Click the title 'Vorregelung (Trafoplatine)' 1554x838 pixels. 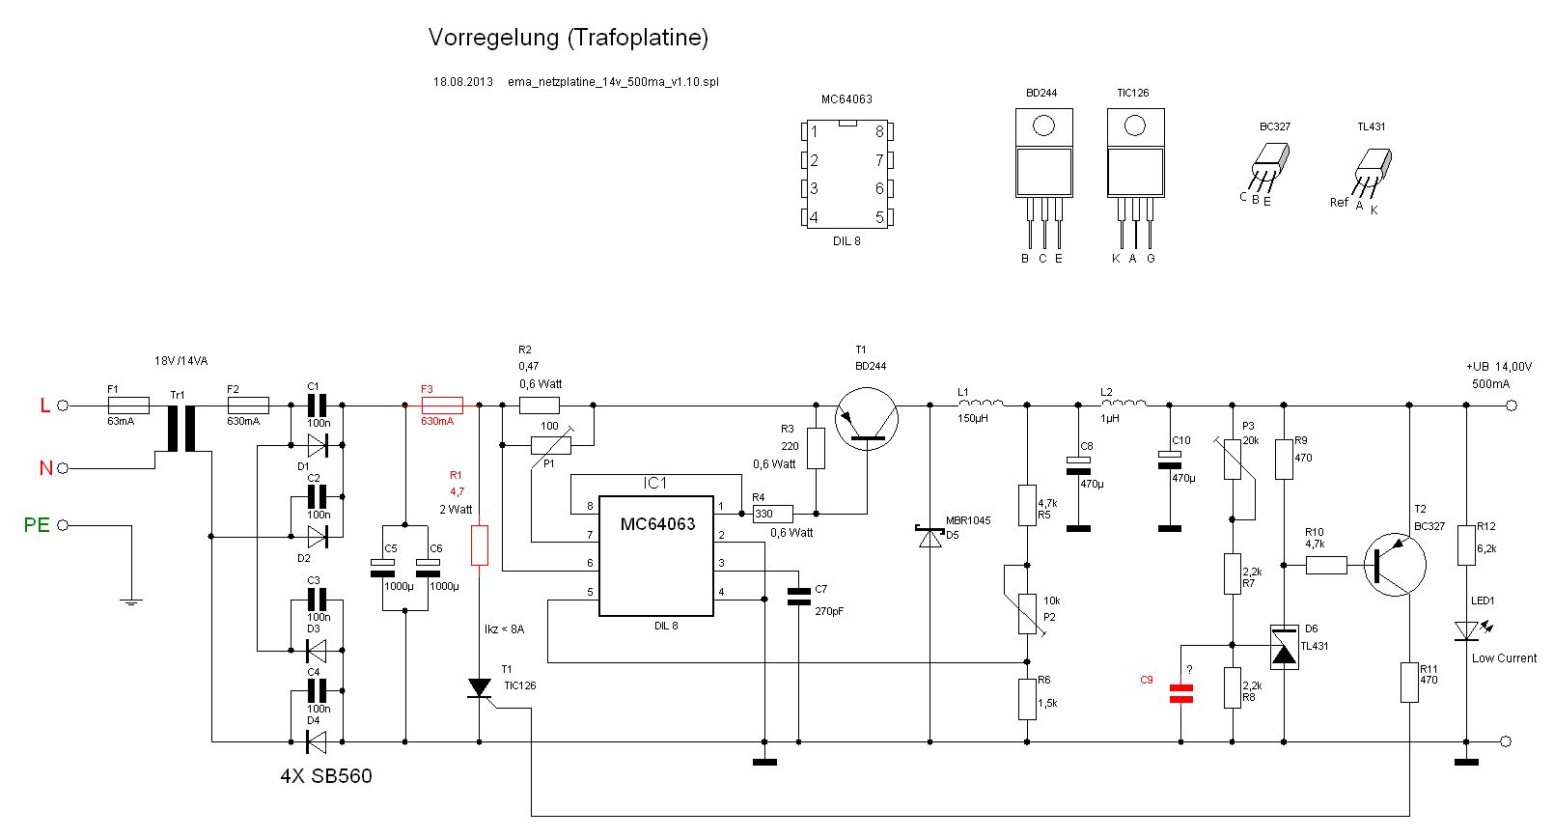[568, 38]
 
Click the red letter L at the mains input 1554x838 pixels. [44, 405]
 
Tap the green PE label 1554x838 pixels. [37, 525]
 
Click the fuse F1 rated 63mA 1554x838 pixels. [128, 405]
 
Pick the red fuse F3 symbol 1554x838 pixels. [442, 405]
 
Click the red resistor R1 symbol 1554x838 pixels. [480, 545]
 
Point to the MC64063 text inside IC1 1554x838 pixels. [657, 524]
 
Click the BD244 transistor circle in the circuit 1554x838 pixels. [867, 419]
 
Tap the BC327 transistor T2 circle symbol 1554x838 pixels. [1395, 565]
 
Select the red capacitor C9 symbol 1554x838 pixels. [1180, 693]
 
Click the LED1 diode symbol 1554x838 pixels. [1466, 630]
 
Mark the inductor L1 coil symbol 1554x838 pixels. [981, 405]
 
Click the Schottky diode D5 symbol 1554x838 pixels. [930, 536]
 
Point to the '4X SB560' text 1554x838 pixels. [326, 776]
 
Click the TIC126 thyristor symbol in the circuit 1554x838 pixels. [480, 688]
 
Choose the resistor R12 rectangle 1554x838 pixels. [1466, 545]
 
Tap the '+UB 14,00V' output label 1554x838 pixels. [1498, 367]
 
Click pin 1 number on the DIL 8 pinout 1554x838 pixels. [814, 131]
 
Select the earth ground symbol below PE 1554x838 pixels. [131, 601]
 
